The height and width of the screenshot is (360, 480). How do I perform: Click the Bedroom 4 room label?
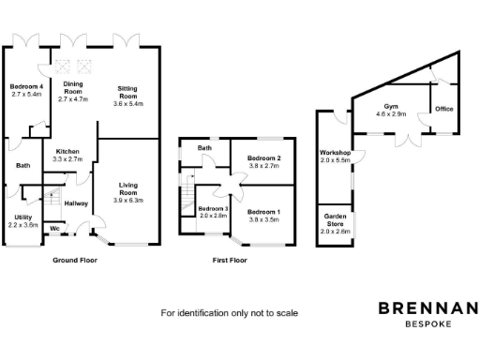pyautogui.click(x=26, y=89)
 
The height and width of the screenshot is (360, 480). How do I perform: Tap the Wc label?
pyautogui.click(x=55, y=228)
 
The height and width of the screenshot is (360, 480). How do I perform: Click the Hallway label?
pyautogui.click(x=76, y=203)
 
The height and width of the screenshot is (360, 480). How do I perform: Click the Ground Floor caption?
pyautogui.click(x=75, y=260)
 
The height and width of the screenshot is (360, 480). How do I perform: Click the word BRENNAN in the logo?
pyautogui.click(x=427, y=308)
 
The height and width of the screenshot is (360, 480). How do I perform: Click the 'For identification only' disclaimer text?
pyautogui.click(x=230, y=312)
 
